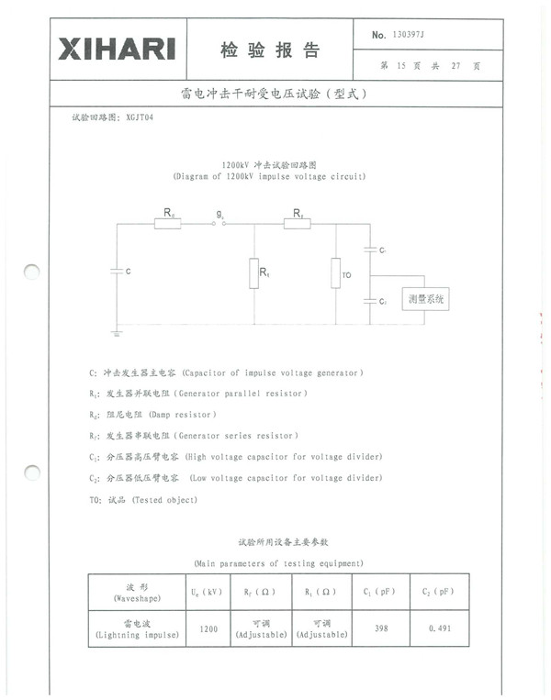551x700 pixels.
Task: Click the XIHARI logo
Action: [x=116, y=49]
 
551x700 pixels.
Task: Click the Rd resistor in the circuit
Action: [x=167, y=223]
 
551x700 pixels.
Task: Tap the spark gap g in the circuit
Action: [x=219, y=223]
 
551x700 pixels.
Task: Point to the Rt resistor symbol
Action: [x=253, y=273]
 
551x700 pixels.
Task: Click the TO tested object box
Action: [x=336, y=273]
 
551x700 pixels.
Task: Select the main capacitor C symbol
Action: [x=116, y=271]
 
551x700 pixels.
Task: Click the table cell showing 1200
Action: [x=208, y=628]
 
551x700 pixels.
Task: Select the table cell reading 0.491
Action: [x=437, y=628]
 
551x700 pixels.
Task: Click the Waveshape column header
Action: [x=137, y=592]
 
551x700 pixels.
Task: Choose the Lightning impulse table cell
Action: [x=137, y=628]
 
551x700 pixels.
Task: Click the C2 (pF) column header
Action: [x=437, y=592]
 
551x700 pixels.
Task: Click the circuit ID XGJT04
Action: [x=140, y=118]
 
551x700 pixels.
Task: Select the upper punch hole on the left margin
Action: [x=31, y=272]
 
